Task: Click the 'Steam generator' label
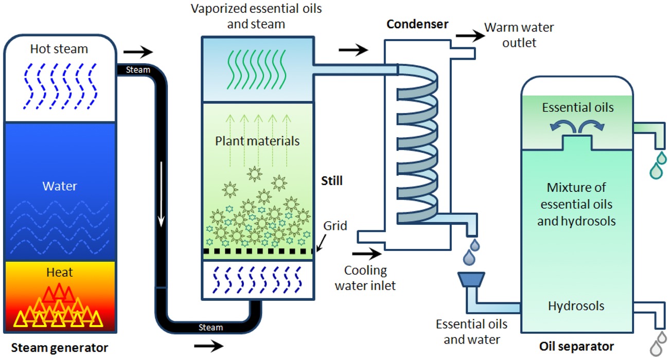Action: coord(60,348)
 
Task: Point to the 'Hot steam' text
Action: coord(59,49)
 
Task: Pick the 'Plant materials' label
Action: coord(257,140)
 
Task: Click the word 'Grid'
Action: coord(336,226)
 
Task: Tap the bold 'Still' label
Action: coord(332,181)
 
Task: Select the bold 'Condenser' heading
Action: coord(418,24)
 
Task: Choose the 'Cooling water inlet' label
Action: coord(365,278)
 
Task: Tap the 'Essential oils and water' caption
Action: coord(472,332)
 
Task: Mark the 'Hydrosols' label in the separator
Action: coord(576,307)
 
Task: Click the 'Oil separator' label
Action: coord(576,346)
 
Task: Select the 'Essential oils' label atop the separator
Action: coord(578,107)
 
